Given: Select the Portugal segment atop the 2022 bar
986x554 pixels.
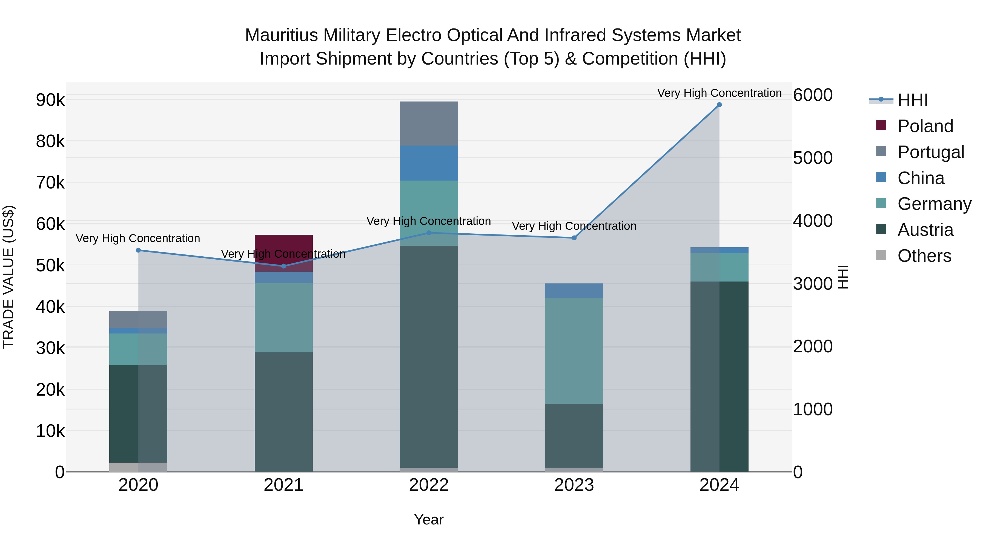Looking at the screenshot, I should pyautogui.click(x=429, y=123).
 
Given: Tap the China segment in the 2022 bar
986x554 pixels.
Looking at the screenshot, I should pyautogui.click(x=429, y=163).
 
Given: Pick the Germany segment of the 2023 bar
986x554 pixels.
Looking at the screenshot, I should pyautogui.click(x=574, y=351).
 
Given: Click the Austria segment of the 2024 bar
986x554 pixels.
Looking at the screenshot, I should pyautogui.click(x=719, y=377).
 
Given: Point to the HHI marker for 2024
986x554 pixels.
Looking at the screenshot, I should pyautogui.click(x=719, y=105).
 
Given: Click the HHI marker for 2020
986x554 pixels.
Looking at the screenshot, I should pyautogui.click(x=139, y=250).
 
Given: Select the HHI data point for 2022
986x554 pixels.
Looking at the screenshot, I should pyautogui.click(x=429, y=233).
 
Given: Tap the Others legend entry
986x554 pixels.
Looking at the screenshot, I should pyautogui.click(x=924, y=256).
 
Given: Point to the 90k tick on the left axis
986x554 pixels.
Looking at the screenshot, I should pyautogui.click(x=50, y=100).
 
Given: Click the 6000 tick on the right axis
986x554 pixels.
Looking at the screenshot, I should pyautogui.click(x=813, y=95).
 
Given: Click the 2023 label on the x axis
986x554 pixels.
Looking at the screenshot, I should pyautogui.click(x=574, y=485).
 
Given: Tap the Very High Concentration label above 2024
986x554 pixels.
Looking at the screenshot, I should pyautogui.click(x=719, y=93).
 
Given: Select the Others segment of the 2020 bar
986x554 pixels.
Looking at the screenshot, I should pyautogui.click(x=138, y=467).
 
